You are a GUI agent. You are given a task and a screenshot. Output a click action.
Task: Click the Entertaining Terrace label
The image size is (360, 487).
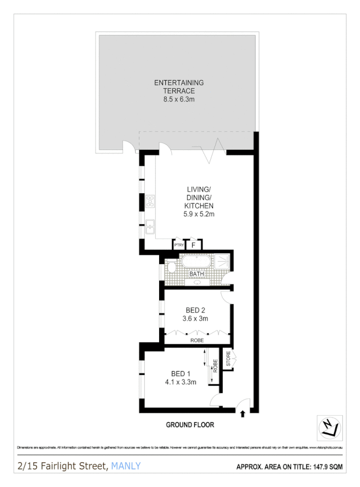click(x=178, y=87)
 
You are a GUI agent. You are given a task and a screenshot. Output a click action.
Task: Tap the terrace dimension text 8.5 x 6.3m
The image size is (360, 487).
click(x=178, y=100)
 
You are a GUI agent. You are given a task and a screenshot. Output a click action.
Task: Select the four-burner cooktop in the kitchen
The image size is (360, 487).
click(x=150, y=201)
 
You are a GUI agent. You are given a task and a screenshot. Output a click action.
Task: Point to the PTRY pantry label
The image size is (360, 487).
click(x=179, y=246)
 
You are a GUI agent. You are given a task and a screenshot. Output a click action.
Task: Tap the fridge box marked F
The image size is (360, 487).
click(x=194, y=245)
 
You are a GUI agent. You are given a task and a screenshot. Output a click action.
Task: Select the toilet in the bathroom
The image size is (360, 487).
click(x=171, y=267)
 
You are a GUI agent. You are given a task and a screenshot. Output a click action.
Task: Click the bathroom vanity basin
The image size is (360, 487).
click(x=196, y=283)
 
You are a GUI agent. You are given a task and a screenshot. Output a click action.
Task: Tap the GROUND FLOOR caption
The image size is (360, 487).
click(x=190, y=425)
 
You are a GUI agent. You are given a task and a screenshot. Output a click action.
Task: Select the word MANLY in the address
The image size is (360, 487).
click(x=126, y=466)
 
